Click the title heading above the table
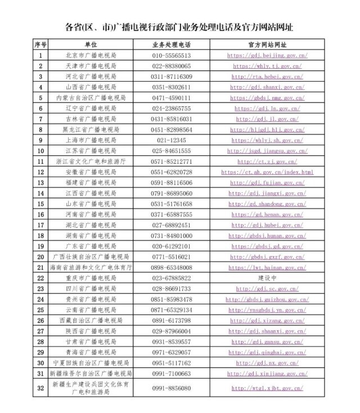pos(179,26)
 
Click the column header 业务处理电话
pos(171,44)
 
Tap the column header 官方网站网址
pos(267,44)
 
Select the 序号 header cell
pos(40,44)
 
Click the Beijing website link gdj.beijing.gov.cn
pos(267,56)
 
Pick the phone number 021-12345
pos(171,140)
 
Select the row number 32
pos(40,388)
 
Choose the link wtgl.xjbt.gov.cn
pos(267,388)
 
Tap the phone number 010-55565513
pos(171,56)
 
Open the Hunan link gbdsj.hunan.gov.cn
pos(267,236)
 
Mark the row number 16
pos(40,214)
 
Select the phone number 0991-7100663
pos(171,374)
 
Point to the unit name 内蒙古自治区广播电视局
pos(91,98)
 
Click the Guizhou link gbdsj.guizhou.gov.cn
pos(267,299)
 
